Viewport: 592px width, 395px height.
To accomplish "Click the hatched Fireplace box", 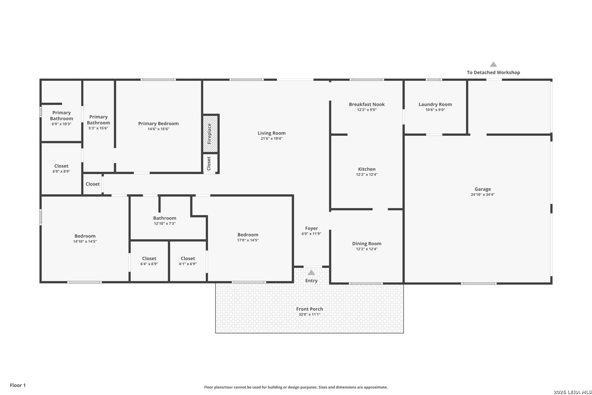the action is point(210,133).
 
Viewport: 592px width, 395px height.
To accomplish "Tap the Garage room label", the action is point(483,189).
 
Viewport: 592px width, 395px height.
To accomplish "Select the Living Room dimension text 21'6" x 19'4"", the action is point(272,138).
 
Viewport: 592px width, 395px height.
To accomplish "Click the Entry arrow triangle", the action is point(311,272).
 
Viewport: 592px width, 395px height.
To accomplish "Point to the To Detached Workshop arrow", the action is point(493,64).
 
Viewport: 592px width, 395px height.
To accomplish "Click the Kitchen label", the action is point(367,169).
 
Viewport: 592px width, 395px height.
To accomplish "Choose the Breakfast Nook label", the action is point(367,104).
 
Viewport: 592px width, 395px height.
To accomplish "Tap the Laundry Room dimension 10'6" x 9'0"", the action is point(435,110).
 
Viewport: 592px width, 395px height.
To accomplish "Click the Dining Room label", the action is point(367,244).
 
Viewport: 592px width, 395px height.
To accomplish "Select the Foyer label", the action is point(311,228).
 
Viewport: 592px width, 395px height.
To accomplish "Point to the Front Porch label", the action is point(310,309).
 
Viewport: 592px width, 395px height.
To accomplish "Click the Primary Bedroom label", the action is point(158,124).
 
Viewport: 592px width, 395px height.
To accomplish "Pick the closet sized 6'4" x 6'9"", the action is point(149,261).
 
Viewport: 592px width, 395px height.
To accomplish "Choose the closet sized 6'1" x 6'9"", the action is point(187,261).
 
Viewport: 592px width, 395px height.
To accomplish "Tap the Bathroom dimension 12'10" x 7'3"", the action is point(165,223).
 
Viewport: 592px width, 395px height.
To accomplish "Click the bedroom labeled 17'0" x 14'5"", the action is point(248,237).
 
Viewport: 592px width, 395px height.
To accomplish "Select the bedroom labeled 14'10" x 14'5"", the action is point(85,238).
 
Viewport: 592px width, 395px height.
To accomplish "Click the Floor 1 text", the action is point(18,385).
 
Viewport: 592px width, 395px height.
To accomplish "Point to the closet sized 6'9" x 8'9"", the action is point(61,169).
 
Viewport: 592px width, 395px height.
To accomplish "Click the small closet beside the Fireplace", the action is point(210,163).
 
